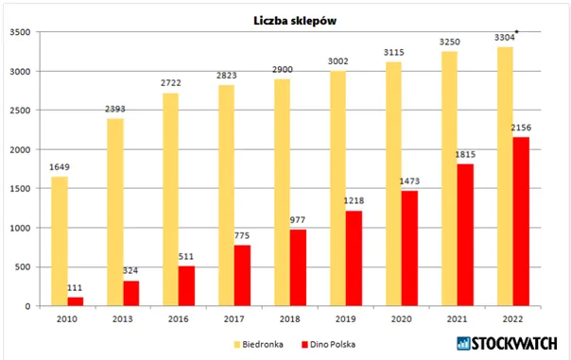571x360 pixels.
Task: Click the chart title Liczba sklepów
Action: [295, 21]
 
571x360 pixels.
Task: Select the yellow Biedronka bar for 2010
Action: [60, 241]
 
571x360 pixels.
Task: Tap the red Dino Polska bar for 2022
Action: [521, 221]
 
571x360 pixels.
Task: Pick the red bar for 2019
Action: [354, 259]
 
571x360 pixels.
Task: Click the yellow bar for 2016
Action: [171, 199]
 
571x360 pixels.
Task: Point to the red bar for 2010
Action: [76, 301]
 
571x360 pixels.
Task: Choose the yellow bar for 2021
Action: [450, 179]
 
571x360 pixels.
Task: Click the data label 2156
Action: [521, 128]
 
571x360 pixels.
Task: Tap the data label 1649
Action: [60, 167]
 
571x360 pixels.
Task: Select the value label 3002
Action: [337, 61]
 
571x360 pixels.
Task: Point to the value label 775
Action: [242, 236]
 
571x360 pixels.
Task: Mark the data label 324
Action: [130, 271]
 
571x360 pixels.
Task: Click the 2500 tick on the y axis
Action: [20, 111]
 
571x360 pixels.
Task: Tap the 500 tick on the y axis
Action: [23, 267]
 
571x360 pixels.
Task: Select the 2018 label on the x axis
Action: [290, 319]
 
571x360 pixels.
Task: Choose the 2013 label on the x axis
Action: [122, 319]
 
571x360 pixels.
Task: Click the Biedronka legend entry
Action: [258, 344]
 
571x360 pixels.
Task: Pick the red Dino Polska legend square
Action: [304, 344]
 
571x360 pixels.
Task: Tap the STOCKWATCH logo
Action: [507, 343]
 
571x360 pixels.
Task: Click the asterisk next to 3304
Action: [517, 32]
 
